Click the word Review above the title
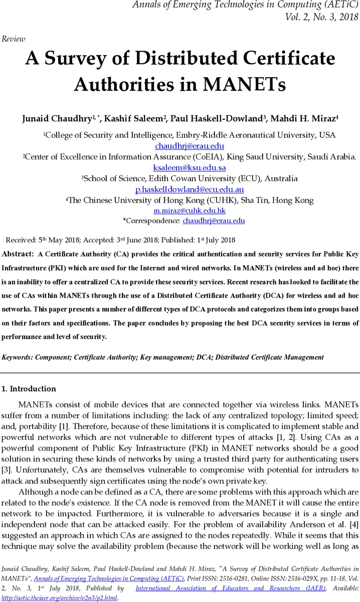click(14, 39)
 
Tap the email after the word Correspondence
click(213, 221)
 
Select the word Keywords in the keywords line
click(19, 357)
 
